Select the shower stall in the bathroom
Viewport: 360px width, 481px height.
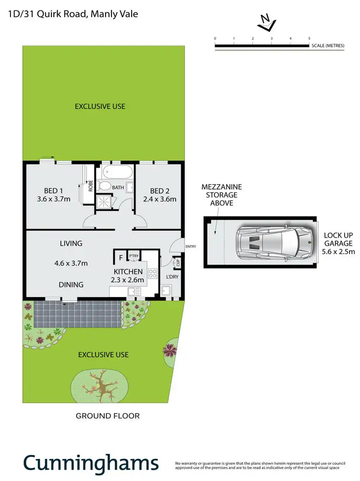(x=103, y=202)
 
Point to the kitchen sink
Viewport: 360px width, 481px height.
(x=134, y=291)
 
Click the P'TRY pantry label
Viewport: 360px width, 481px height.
(x=133, y=256)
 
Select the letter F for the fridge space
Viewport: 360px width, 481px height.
(x=120, y=258)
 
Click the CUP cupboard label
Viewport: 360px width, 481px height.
(x=178, y=263)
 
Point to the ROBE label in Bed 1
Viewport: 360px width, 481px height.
(x=90, y=185)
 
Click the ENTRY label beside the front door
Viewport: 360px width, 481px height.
(x=191, y=247)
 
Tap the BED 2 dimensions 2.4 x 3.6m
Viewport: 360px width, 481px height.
(x=160, y=199)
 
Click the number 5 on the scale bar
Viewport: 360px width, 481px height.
(x=309, y=38)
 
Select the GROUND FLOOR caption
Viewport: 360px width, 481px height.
(x=108, y=416)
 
